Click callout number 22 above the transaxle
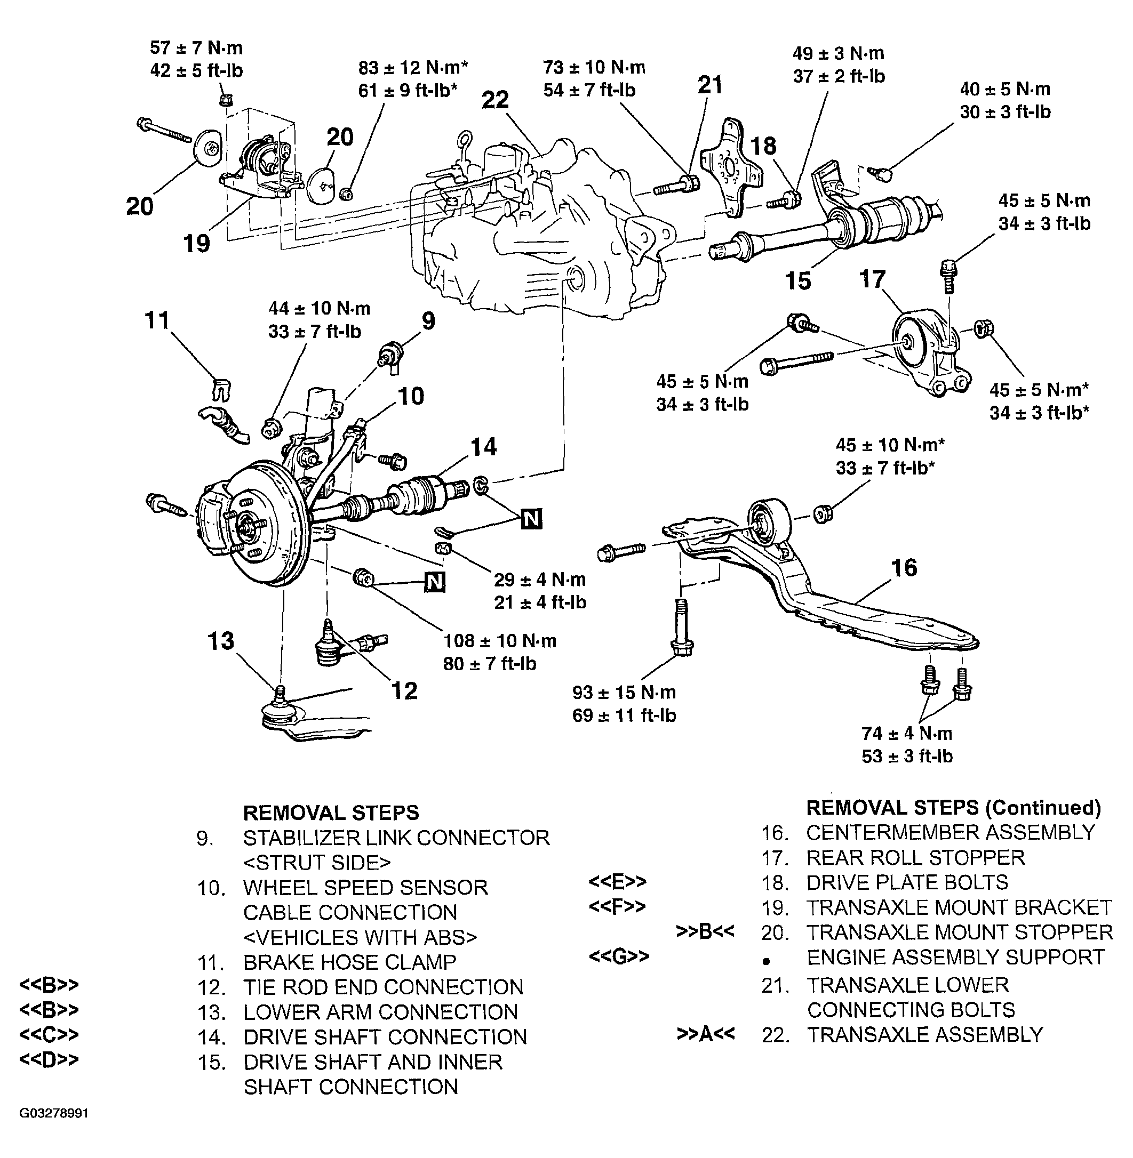(496, 99)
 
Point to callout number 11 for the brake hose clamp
(157, 320)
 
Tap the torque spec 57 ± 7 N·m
(196, 47)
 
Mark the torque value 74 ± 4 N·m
(907, 733)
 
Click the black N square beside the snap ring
(531, 519)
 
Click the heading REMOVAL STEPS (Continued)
(953, 807)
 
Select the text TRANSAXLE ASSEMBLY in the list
(925, 1034)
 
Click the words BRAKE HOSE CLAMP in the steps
(350, 962)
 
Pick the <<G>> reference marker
(618, 956)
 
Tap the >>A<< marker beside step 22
(705, 1034)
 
